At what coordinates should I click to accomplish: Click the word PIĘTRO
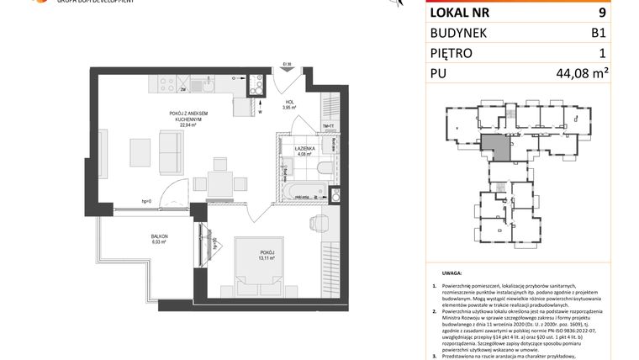point(452,53)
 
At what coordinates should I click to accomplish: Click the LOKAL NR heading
point(459,13)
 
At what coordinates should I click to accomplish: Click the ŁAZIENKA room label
point(304,148)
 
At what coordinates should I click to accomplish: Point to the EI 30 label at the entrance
point(287,63)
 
